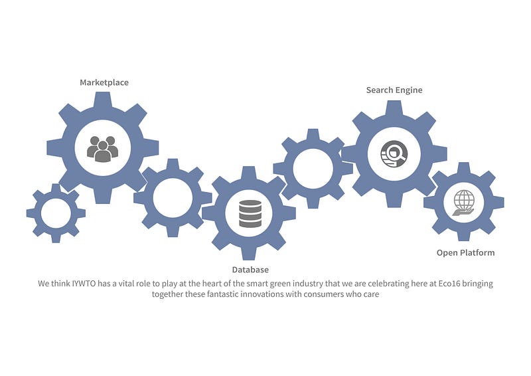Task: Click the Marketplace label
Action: (x=104, y=82)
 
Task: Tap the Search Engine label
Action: (x=394, y=90)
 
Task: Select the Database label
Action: (x=250, y=270)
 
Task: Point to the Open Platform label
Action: (x=465, y=252)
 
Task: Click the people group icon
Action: (x=102, y=148)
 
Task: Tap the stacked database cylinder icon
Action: (x=250, y=213)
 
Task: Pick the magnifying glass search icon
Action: (x=394, y=153)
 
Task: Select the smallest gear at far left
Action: (x=56, y=213)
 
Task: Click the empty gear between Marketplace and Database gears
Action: (x=173, y=197)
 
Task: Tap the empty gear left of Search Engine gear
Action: (x=313, y=168)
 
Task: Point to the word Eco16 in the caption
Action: (x=441, y=284)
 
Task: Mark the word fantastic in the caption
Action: (x=215, y=294)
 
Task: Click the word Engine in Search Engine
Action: (x=408, y=90)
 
